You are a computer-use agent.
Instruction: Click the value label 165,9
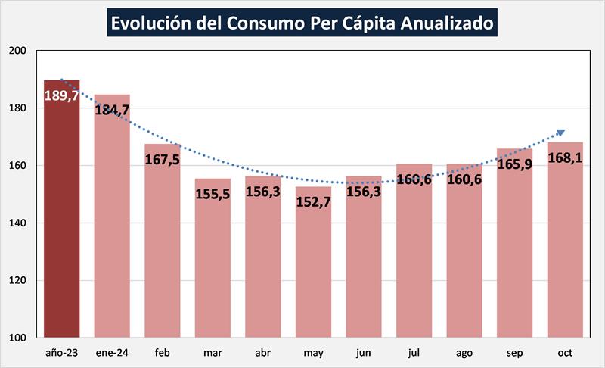[x=515, y=164]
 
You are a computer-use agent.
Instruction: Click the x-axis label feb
[x=163, y=353]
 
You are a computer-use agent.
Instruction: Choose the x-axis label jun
[x=364, y=353]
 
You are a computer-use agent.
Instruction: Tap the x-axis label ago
[x=464, y=353]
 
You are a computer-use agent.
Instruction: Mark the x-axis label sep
[x=515, y=353]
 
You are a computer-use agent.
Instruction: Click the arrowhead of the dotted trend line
[x=560, y=133]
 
